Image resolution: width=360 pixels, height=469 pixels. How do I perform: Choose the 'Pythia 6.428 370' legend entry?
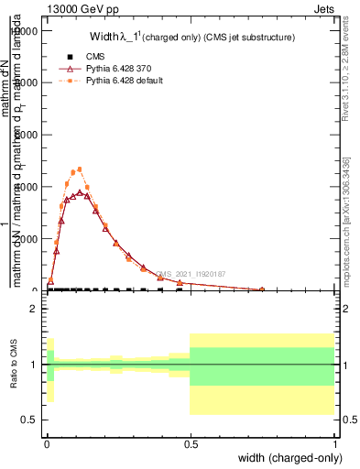[109, 69]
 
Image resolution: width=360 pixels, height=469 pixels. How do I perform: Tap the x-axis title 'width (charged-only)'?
[285, 458]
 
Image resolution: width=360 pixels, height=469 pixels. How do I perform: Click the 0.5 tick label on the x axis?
[190, 444]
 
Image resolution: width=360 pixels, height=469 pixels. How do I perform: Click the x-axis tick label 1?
[333, 444]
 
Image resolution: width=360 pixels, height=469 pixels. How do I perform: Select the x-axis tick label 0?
[47, 444]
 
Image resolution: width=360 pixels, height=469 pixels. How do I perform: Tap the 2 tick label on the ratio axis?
[33, 309]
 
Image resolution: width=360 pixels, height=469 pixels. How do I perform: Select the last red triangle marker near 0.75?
[261, 289]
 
